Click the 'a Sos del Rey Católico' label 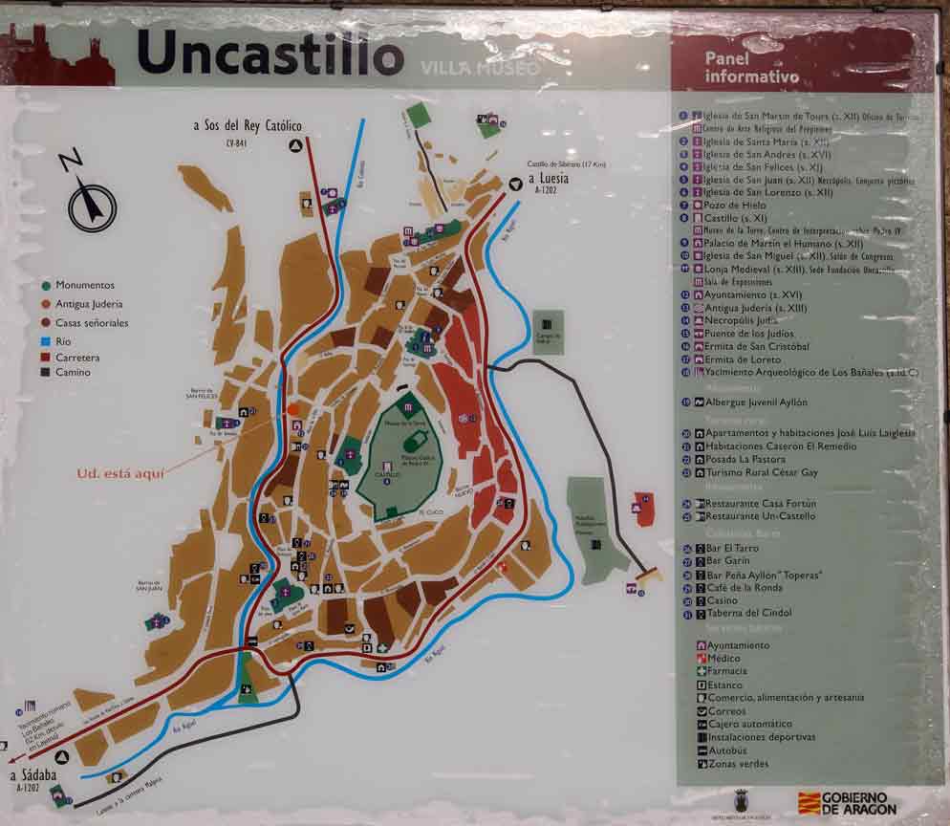tap(247, 126)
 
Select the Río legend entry tap(64, 340)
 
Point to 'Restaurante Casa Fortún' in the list tap(760, 503)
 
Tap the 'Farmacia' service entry tap(726, 671)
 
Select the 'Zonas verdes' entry tap(737, 764)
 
